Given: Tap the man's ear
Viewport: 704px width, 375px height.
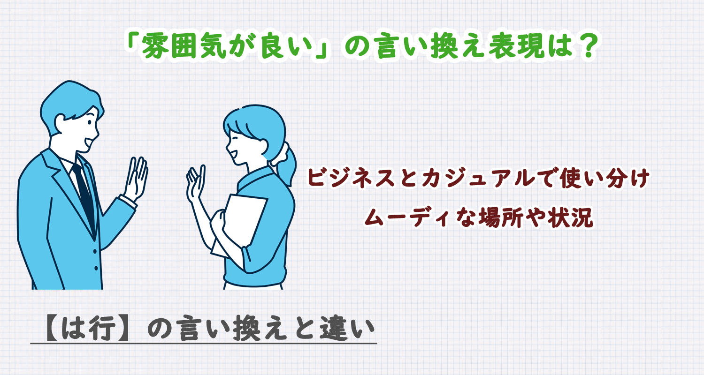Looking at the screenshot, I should click(x=60, y=121).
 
